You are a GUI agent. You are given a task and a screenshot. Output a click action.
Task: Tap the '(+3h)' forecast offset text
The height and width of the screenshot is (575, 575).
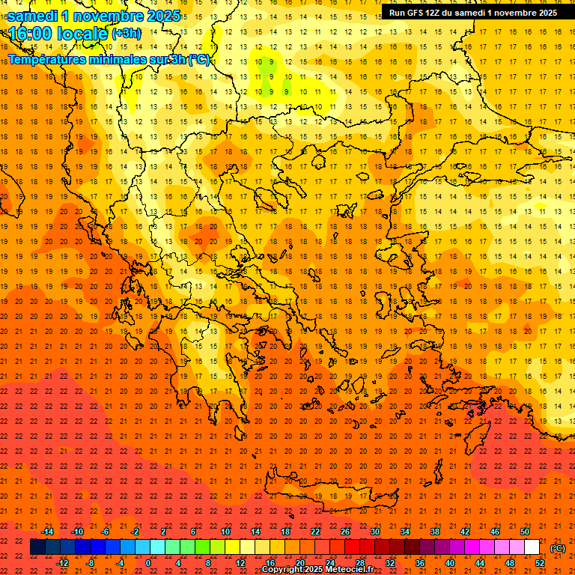click(125, 34)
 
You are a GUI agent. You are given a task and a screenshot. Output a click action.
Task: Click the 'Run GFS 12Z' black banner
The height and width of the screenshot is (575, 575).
click(472, 13)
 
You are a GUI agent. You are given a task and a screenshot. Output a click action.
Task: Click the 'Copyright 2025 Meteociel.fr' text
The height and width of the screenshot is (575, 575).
click(317, 570)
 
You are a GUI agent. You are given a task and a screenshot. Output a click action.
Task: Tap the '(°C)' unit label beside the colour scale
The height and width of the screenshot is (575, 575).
click(557, 548)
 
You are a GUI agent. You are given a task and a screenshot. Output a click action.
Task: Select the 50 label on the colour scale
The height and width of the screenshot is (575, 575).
click(525, 532)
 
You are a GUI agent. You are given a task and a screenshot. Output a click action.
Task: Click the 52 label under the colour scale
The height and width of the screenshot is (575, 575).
click(539, 563)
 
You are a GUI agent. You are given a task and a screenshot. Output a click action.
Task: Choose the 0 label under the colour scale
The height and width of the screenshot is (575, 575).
click(148, 563)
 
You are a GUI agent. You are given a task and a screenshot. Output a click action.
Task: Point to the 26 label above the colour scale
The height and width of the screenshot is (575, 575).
click(345, 532)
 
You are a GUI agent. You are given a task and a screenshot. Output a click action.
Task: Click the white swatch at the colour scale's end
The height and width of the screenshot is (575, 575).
click(532, 547)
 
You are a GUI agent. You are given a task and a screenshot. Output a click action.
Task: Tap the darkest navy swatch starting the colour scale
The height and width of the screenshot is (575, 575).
click(37, 547)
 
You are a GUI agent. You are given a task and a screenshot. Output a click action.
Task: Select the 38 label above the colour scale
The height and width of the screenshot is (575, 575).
click(435, 532)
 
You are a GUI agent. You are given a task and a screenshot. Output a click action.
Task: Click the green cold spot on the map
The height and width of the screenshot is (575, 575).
click(267, 67)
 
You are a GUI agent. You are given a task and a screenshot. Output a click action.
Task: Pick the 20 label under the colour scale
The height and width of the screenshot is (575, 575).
click(300, 563)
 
